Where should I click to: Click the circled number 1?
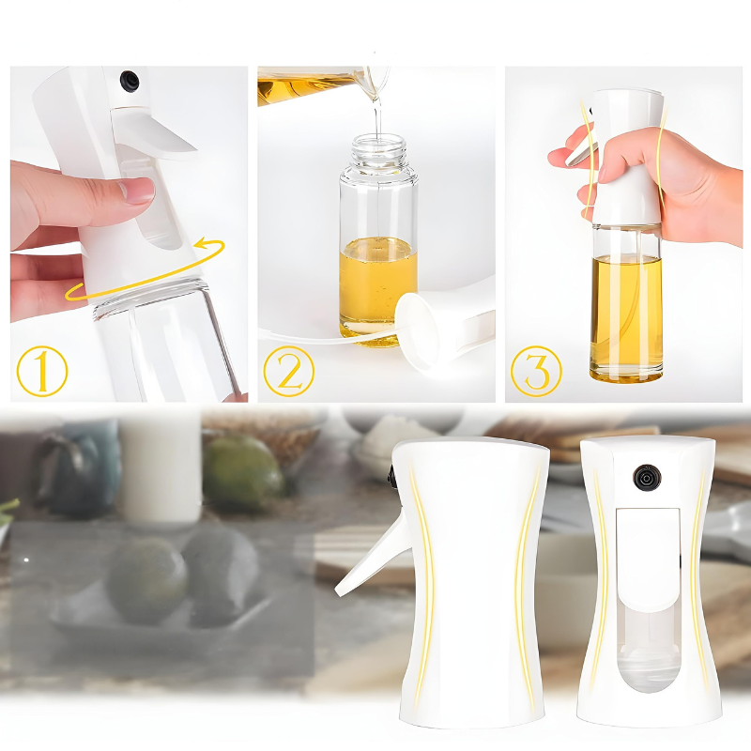pos(42,371)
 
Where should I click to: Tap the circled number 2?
pos(289,371)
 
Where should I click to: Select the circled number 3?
pos(536,371)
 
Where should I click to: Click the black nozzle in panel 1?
pos(130,81)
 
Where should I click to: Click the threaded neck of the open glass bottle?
pos(379,149)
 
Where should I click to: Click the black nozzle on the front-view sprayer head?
pos(647,478)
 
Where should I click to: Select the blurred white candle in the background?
pos(161,467)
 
